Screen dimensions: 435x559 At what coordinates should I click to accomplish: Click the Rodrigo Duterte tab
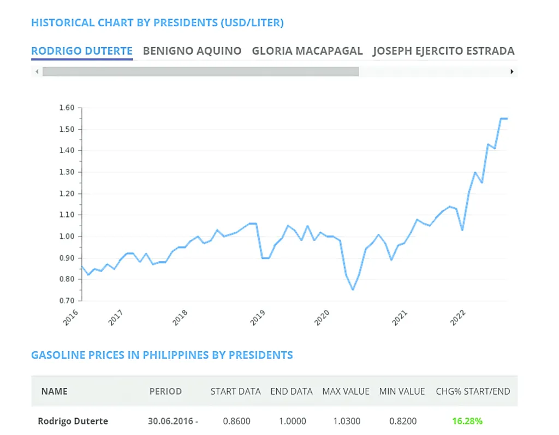click(81, 51)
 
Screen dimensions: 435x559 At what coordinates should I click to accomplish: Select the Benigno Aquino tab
click(192, 51)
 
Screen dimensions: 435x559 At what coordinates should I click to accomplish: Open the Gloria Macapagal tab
click(307, 51)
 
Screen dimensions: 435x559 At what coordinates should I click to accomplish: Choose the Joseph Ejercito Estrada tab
click(443, 51)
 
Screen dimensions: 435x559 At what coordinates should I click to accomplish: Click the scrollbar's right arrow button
click(512, 72)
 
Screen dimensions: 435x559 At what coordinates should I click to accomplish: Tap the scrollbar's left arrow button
click(37, 72)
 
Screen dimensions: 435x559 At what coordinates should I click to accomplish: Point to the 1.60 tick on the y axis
click(66, 108)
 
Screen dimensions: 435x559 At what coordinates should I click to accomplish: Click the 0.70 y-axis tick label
click(66, 301)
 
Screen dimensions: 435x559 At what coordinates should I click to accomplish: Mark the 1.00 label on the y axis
click(66, 236)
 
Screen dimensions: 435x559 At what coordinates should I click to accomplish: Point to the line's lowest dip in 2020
click(353, 289)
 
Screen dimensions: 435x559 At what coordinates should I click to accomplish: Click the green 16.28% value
click(467, 421)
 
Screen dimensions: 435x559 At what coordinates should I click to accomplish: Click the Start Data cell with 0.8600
click(235, 421)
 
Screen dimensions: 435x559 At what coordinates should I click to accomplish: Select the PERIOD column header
click(165, 391)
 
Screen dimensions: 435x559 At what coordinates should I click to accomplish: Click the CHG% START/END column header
click(473, 391)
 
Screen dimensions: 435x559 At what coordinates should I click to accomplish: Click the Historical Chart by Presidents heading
click(157, 23)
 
